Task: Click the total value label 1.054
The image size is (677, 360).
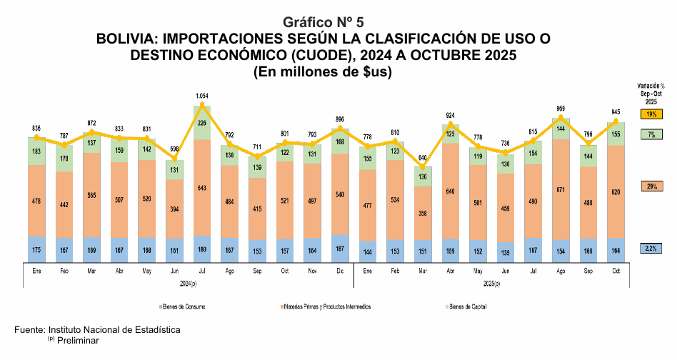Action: click(202, 95)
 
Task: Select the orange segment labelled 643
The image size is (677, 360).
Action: click(202, 188)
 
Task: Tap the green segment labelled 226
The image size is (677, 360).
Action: click(202, 123)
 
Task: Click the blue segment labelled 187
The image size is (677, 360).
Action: click(340, 248)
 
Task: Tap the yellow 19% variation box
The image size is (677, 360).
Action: click(651, 114)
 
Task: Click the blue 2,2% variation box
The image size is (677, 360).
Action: click(651, 248)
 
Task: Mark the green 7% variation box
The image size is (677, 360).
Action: click(651, 134)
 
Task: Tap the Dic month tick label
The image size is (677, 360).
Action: click(340, 271)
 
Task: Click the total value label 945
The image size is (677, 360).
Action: click(616, 111)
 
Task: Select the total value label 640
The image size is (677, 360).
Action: click(423, 158)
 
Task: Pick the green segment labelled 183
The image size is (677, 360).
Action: click(36, 151)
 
